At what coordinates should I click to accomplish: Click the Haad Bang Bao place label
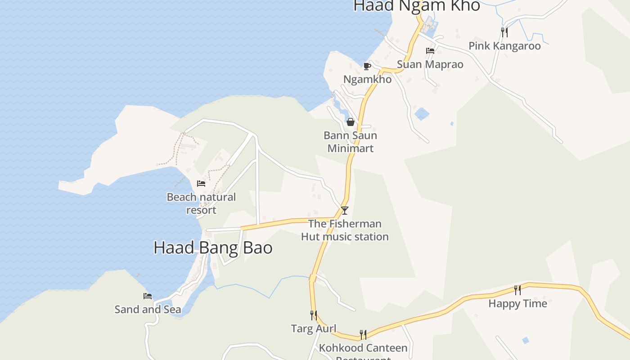point(213,248)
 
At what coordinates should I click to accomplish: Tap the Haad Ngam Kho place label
point(417,6)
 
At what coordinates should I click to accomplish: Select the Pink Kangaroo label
point(504,46)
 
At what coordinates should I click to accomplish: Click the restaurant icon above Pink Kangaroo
point(504,32)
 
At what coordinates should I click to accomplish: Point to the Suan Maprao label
point(430,64)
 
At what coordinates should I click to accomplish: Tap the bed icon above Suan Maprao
point(430,51)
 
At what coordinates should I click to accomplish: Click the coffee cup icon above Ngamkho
point(367,67)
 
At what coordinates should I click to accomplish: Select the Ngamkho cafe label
point(367,79)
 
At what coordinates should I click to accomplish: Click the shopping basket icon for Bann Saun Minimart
point(351,122)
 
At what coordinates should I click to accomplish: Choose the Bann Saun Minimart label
point(351,142)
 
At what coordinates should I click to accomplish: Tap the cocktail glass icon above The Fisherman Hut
point(345,210)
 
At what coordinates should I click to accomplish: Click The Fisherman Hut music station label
point(345,230)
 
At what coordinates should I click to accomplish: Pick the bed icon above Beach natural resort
point(201,184)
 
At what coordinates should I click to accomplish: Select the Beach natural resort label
point(201,203)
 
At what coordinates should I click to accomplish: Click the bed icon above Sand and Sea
point(148,296)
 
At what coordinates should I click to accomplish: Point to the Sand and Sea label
point(148,310)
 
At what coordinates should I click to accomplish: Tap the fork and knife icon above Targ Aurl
point(314,315)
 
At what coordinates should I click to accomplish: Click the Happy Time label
point(517,304)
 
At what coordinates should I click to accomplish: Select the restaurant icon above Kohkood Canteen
point(363,334)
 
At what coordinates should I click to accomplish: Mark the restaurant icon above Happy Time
point(517,290)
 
